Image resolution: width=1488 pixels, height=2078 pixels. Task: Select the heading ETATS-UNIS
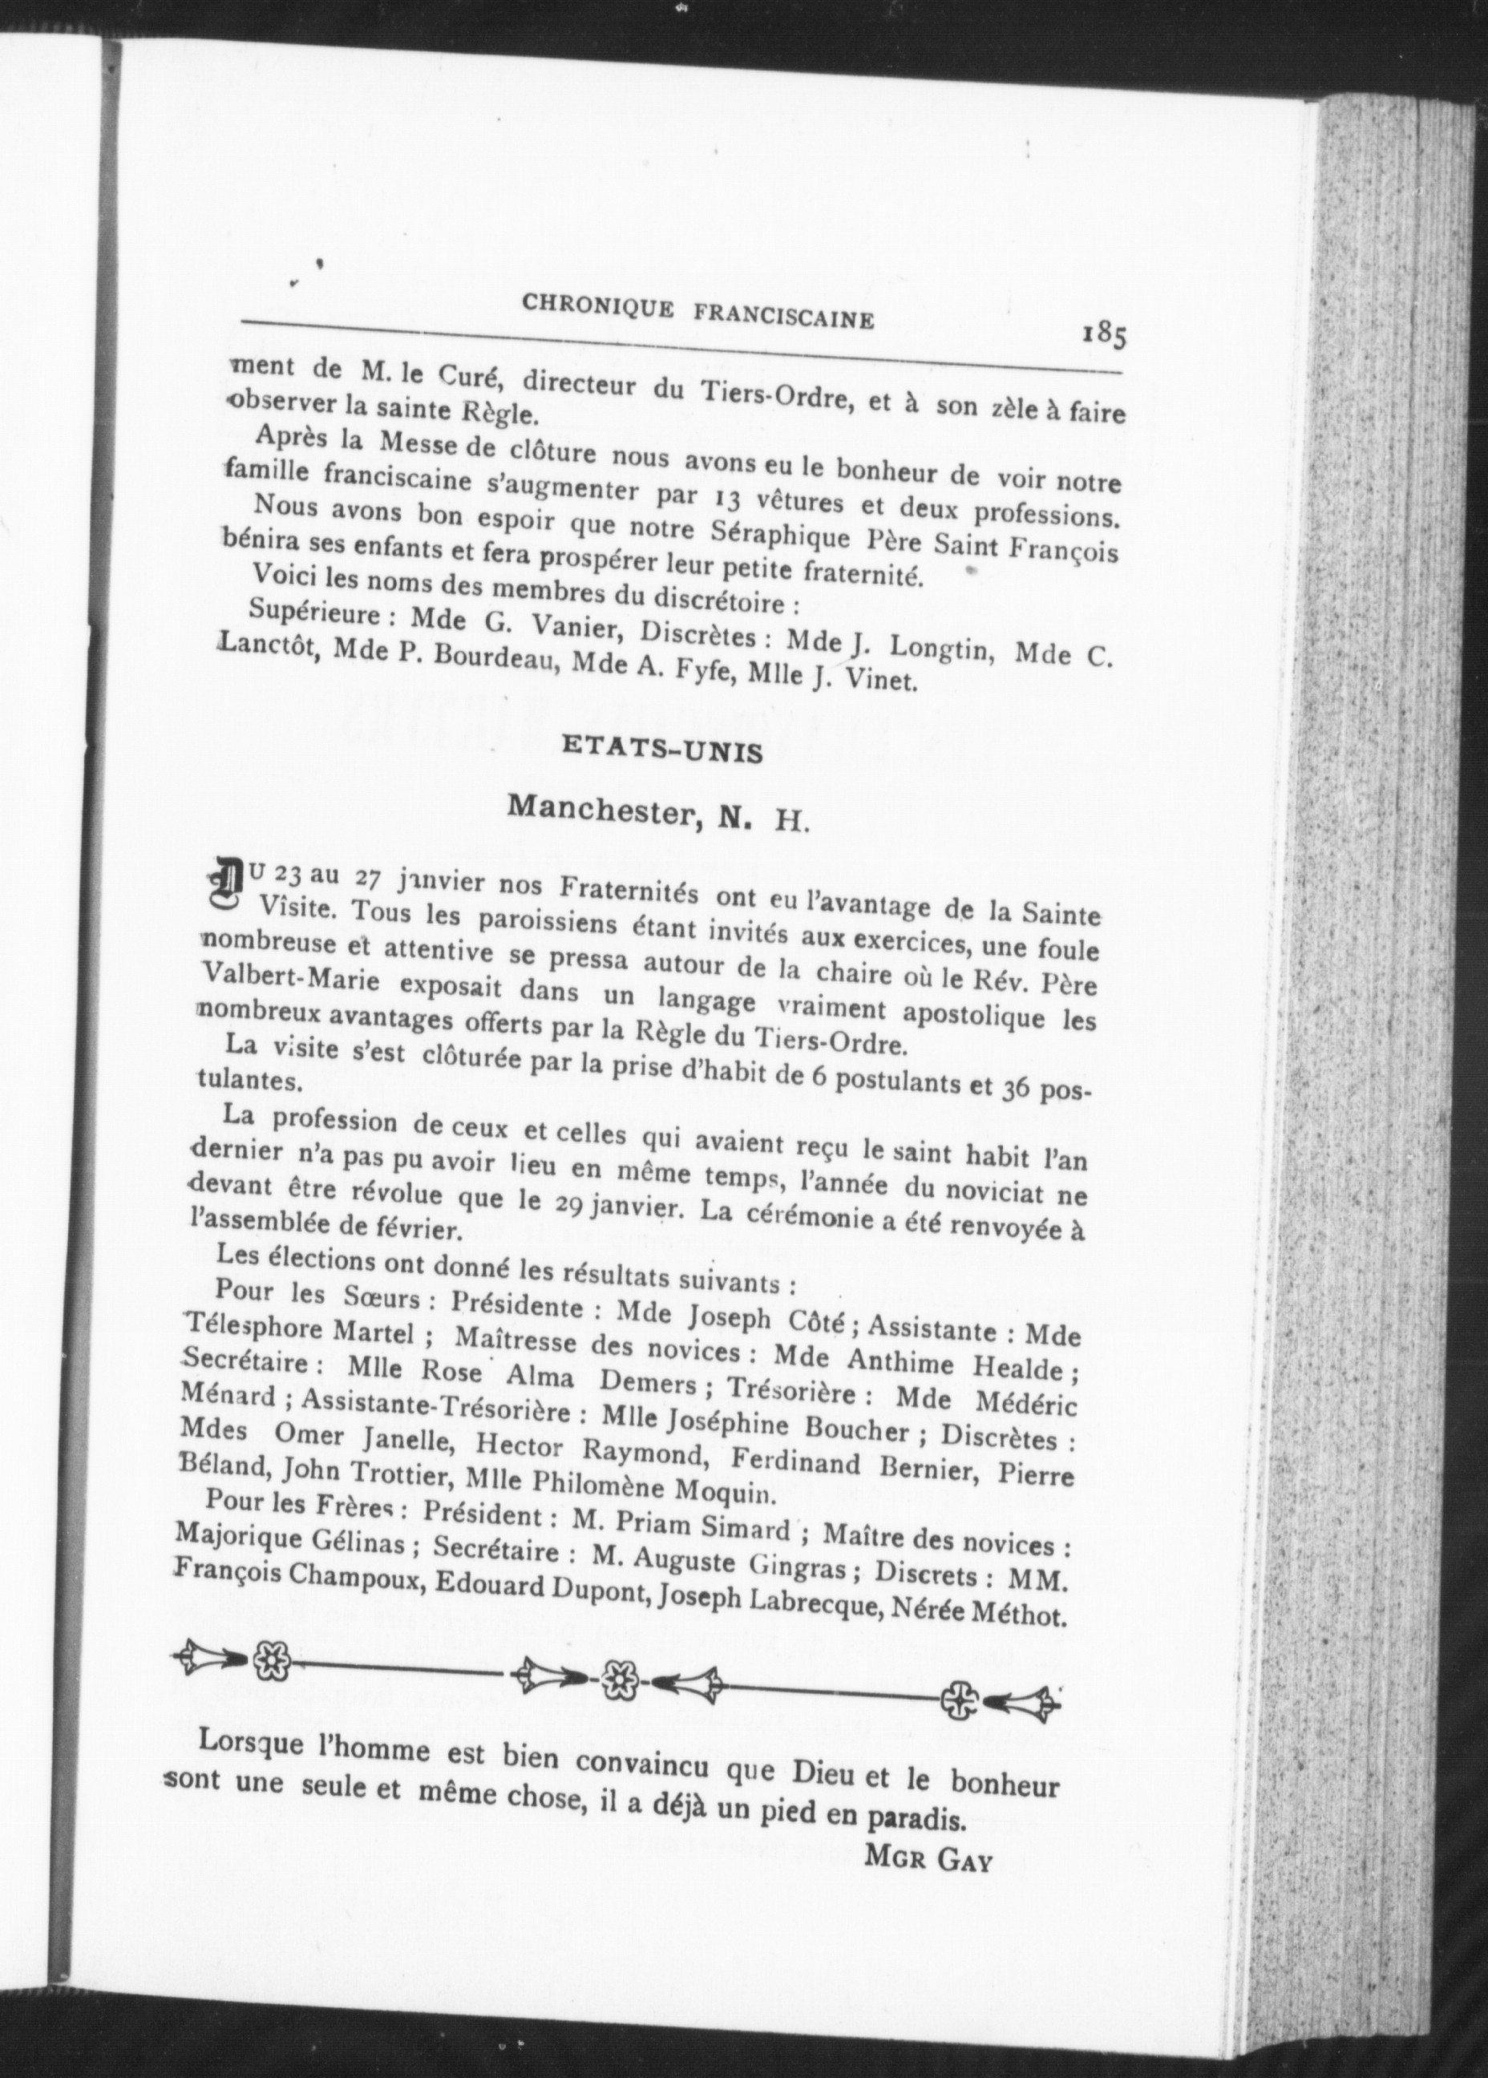pos(661,751)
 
